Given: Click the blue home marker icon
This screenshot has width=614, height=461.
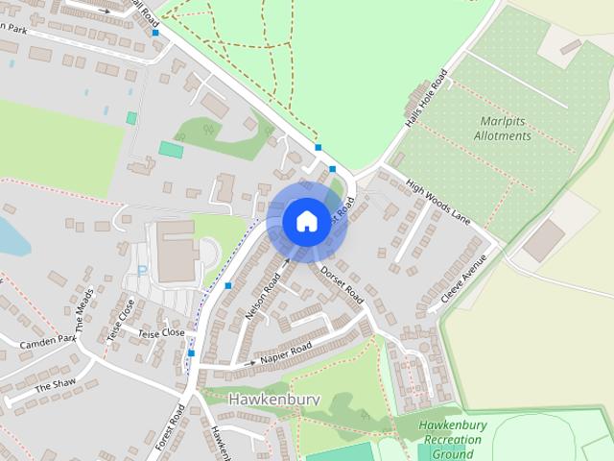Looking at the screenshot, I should tap(305, 221).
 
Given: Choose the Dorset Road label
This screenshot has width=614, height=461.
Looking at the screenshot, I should tap(342, 280).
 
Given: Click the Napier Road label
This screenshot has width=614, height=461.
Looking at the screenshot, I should tap(286, 353).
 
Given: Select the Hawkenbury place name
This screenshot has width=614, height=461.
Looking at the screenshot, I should tap(272, 398).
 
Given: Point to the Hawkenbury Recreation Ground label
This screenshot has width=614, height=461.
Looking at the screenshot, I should tap(454, 439).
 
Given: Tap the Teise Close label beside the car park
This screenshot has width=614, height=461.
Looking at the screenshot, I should tap(160, 332).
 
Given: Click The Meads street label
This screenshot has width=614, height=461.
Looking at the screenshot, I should tap(84, 308).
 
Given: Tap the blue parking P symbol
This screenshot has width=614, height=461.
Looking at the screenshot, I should tap(143, 272).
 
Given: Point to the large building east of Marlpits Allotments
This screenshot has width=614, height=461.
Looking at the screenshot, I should tap(545, 240).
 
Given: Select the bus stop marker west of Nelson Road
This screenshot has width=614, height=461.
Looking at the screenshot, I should tap(228, 285).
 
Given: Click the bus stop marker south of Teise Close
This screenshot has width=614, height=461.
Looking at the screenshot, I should tap(192, 353).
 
